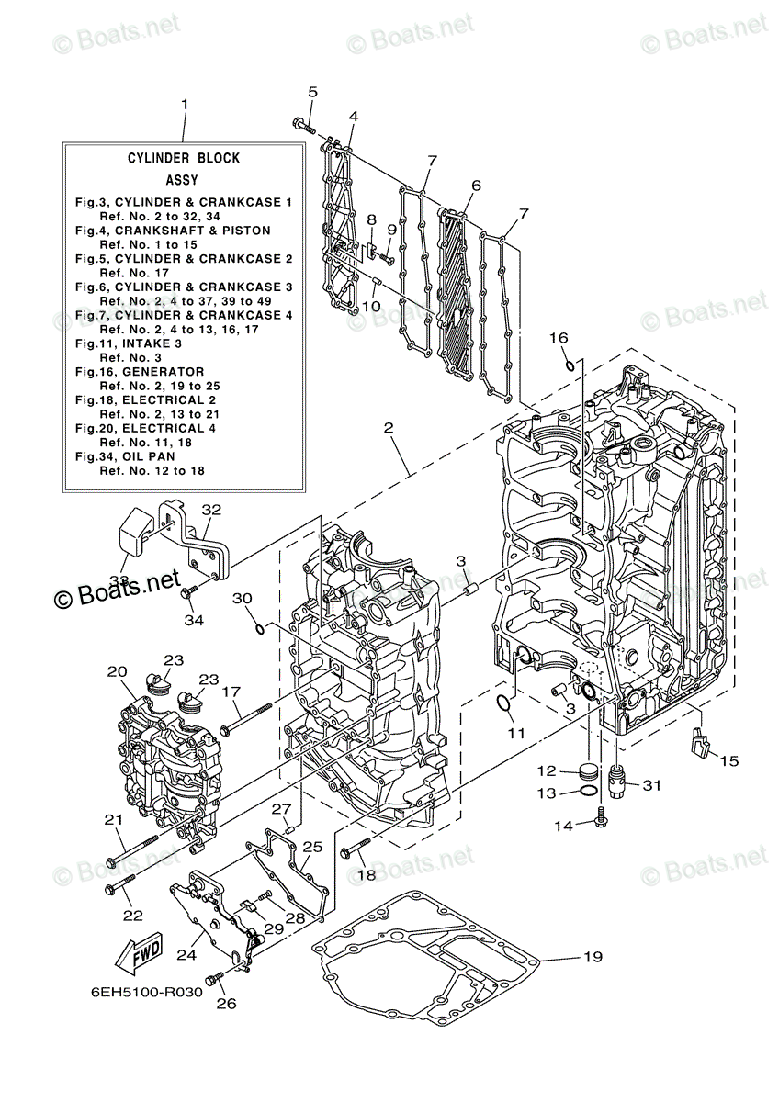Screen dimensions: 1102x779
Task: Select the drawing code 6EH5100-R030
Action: point(146,993)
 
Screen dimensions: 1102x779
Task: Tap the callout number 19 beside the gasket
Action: point(592,957)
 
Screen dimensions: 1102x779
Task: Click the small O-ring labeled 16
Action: point(571,365)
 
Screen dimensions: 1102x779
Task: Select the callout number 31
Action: point(651,785)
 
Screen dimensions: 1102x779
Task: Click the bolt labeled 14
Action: point(600,814)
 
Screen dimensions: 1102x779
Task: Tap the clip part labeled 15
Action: point(702,740)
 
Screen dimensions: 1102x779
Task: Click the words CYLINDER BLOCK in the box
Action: point(184,158)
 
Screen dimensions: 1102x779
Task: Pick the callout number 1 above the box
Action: point(184,105)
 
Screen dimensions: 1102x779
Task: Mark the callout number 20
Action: point(116,671)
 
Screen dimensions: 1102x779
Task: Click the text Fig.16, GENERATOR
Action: point(140,372)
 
